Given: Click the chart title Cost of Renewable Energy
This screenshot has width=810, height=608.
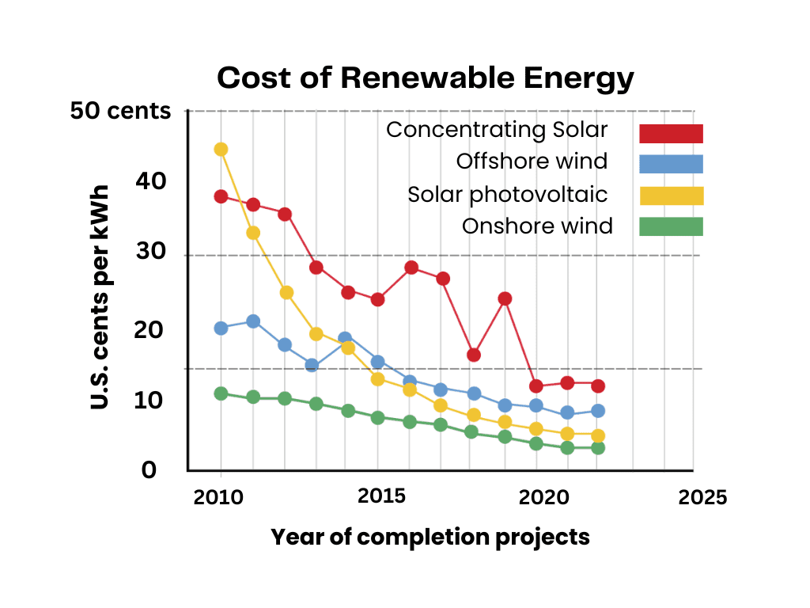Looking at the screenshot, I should coord(426,79).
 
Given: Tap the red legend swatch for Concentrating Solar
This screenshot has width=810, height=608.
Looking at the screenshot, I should coord(671,133).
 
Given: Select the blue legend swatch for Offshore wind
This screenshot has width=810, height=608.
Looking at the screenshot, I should coord(671,163).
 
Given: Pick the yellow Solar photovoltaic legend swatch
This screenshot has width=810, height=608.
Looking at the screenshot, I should coord(671,196).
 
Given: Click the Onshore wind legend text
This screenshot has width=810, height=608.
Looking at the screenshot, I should coord(537,226).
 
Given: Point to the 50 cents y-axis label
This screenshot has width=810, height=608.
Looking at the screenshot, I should coord(120,111).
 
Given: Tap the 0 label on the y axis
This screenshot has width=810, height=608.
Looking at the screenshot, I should coord(149,471).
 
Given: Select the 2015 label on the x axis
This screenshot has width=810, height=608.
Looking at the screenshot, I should coord(382,496).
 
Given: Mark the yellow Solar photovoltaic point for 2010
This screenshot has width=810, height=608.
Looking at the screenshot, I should coord(221,150).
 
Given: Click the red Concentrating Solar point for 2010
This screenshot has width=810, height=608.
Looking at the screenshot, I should coord(221,196).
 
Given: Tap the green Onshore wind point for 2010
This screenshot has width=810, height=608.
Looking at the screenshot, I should coord(221,393).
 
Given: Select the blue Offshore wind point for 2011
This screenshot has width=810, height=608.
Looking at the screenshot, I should coord(253,321).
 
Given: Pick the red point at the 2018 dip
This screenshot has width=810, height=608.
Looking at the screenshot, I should coord(474,355).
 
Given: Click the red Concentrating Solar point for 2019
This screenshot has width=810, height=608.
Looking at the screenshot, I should coord(505,298).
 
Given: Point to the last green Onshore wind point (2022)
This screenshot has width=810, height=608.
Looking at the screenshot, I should coord(598,448).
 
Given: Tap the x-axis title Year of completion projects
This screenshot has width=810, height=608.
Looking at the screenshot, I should coord(430,537).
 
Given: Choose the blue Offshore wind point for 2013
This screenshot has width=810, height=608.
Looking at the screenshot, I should coord(312,366).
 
